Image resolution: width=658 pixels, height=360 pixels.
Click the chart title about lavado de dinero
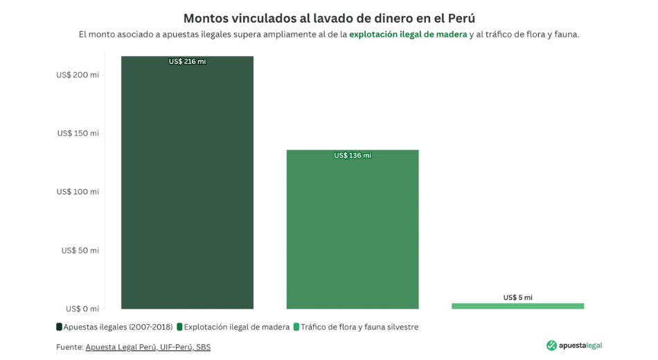coord(328,18)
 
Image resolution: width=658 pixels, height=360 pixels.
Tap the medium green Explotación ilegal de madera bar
coord(353,228)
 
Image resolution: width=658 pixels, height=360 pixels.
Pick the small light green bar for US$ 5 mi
coord(517,305)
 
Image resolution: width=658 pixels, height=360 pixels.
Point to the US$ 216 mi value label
coord(187,62)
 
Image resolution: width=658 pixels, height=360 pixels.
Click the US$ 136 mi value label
coord(353,155)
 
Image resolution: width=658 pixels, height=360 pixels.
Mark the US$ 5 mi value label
coord(517,297)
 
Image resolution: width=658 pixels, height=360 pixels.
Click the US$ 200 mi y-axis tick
coord(78,75)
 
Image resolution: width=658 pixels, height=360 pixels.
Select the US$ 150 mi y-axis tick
coord(78,133)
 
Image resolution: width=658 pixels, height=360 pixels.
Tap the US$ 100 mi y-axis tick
coord(78,192)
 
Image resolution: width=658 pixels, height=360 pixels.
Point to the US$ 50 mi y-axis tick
coord(80,250)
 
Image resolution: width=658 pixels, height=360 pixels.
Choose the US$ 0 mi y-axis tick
coord(82,309)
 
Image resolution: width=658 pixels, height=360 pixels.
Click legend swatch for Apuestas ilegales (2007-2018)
coord(60,327)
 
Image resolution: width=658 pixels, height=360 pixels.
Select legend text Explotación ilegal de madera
coord(236,327)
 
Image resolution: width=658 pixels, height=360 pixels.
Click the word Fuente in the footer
coord(69,347)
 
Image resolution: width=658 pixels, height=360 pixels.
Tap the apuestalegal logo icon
coord(551,345)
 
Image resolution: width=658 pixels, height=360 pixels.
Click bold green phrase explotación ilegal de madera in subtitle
coord(408,34)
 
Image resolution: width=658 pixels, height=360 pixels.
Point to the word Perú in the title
coord(460,18)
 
